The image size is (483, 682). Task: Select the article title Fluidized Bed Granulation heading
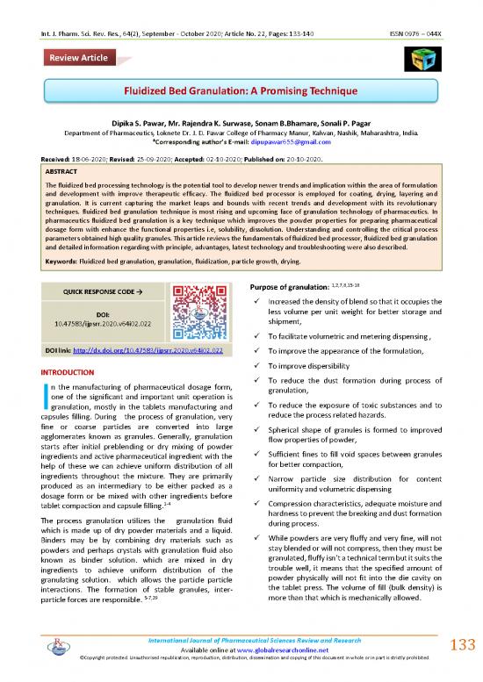[242, 90]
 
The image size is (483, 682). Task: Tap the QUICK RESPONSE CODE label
[83, 292]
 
